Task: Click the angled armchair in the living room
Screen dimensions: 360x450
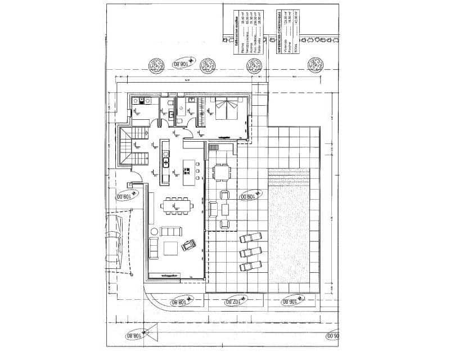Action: click(x=187, y=245)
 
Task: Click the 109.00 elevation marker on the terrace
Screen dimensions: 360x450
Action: click(x=247, y=196)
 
